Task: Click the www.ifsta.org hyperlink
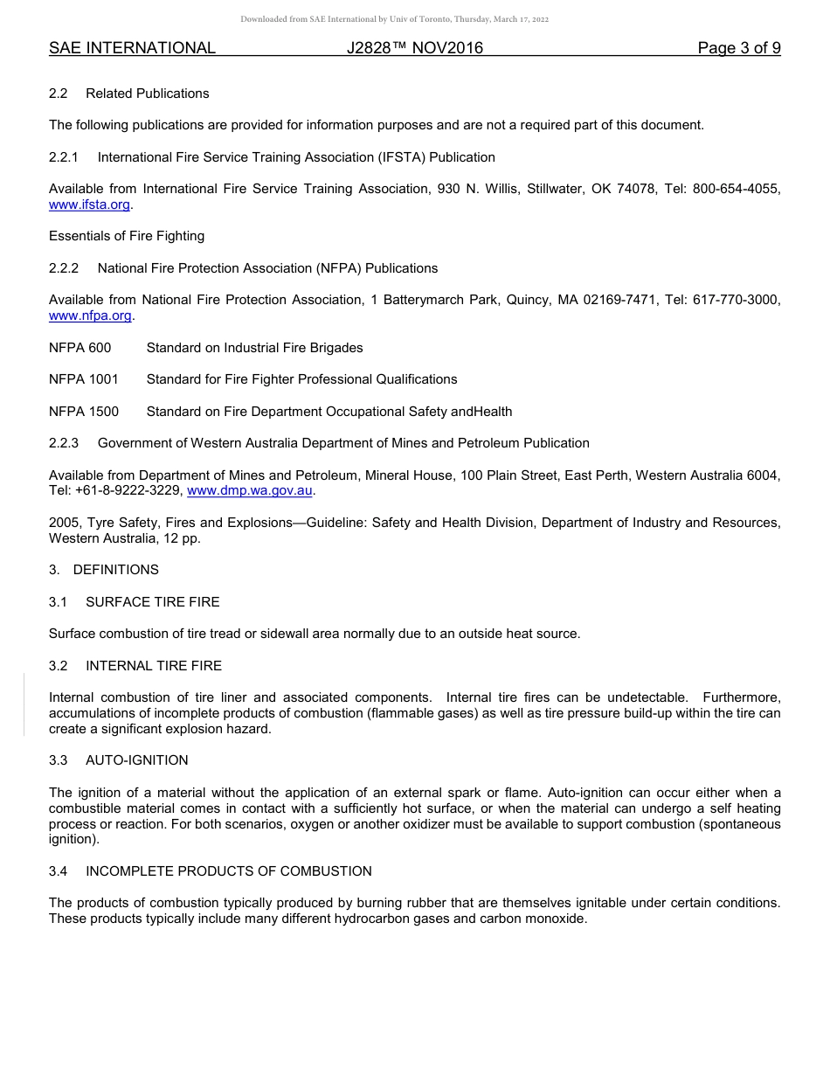[89, 205]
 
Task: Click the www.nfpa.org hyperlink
[90, 316]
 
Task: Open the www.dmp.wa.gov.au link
[250, 491]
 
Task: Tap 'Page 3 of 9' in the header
[738, 48]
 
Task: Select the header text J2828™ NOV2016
[414, 48]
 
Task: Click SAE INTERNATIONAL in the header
[132, 48]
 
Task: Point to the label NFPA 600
[80, 348]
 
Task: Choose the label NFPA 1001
[83, 379]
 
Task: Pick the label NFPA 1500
[83, 412]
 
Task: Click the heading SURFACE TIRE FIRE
[152, 602]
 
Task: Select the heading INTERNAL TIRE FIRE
[154, 666]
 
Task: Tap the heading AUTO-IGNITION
[136, 760]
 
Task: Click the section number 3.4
[58, 871]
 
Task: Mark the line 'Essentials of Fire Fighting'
[127, 236]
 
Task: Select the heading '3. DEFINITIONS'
[104, 570]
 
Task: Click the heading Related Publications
[147, 94]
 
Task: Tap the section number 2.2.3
[63, 443]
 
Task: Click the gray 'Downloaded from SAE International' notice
[394, 18]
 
